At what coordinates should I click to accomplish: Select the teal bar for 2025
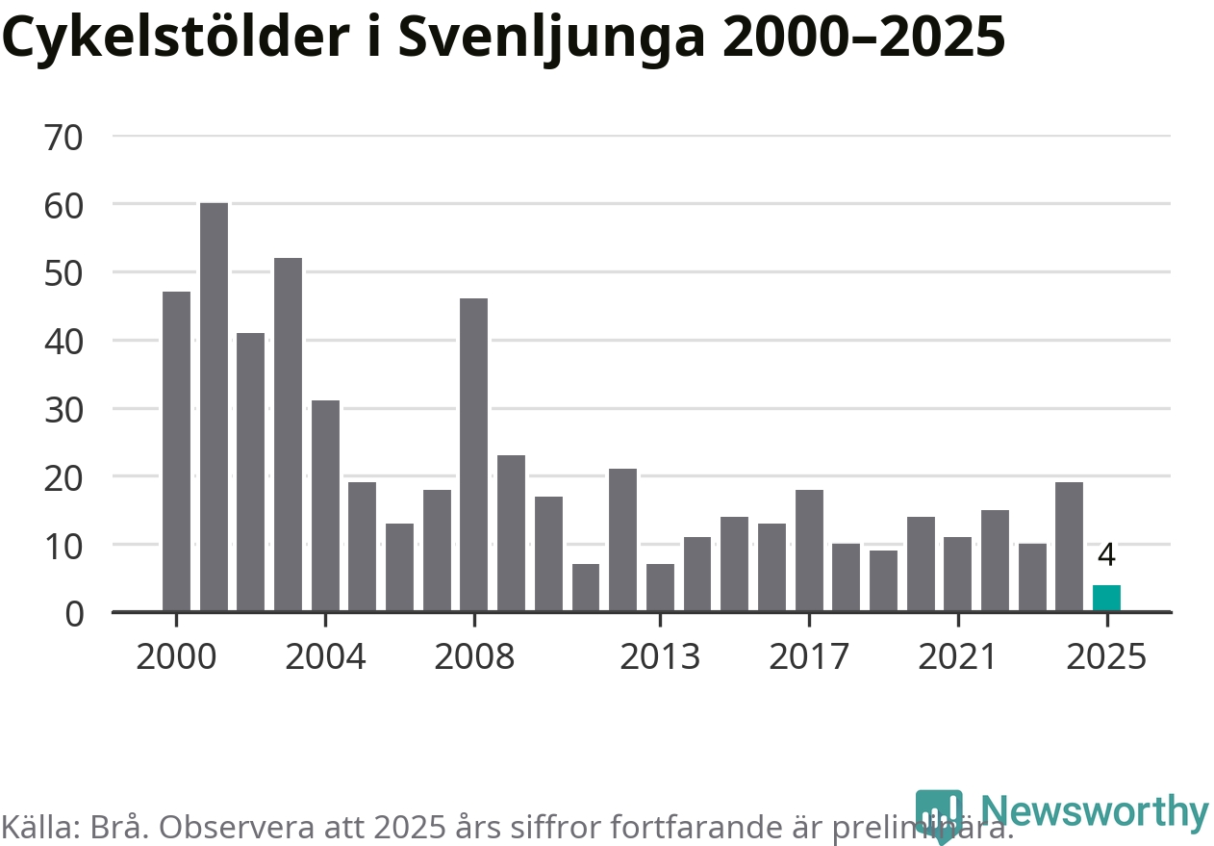[1106, 598]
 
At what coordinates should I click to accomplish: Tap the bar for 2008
[474, 454]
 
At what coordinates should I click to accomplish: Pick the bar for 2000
[176, 450]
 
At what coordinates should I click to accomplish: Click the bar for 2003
[288, 434]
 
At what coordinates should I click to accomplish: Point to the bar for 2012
[622, 539]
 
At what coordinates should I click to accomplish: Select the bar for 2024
[1069, 546]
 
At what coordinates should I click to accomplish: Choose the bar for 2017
[809, 550]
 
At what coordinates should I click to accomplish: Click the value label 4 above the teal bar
[1106, 555]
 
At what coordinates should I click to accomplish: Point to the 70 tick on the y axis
[64, 137]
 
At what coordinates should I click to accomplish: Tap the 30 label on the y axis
[64, 409]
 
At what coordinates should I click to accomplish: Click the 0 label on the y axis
[75, 613]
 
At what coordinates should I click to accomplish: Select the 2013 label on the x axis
[660, 657]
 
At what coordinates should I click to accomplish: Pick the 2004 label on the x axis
[325, 657]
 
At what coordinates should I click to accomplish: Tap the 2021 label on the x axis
[957, 657]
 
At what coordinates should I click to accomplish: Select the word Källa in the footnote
[39, 827]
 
